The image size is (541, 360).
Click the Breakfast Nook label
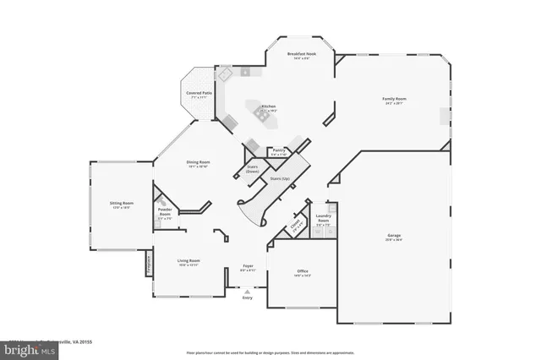(300, 54)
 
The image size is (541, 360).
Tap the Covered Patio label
(199, 94)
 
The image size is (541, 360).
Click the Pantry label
(279, 150)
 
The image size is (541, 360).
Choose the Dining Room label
(198, 162)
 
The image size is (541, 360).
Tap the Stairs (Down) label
(252, 169)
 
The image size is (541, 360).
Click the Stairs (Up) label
(280, 179)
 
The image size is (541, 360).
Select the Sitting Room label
(122, 204)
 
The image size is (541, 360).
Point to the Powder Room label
(165, 212)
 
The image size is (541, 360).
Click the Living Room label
(189, 262)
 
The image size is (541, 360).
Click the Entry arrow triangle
(247, 290)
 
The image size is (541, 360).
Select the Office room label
(303, 272)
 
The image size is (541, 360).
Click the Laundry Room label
(323, 218)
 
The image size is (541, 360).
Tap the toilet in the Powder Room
(158, 201)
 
